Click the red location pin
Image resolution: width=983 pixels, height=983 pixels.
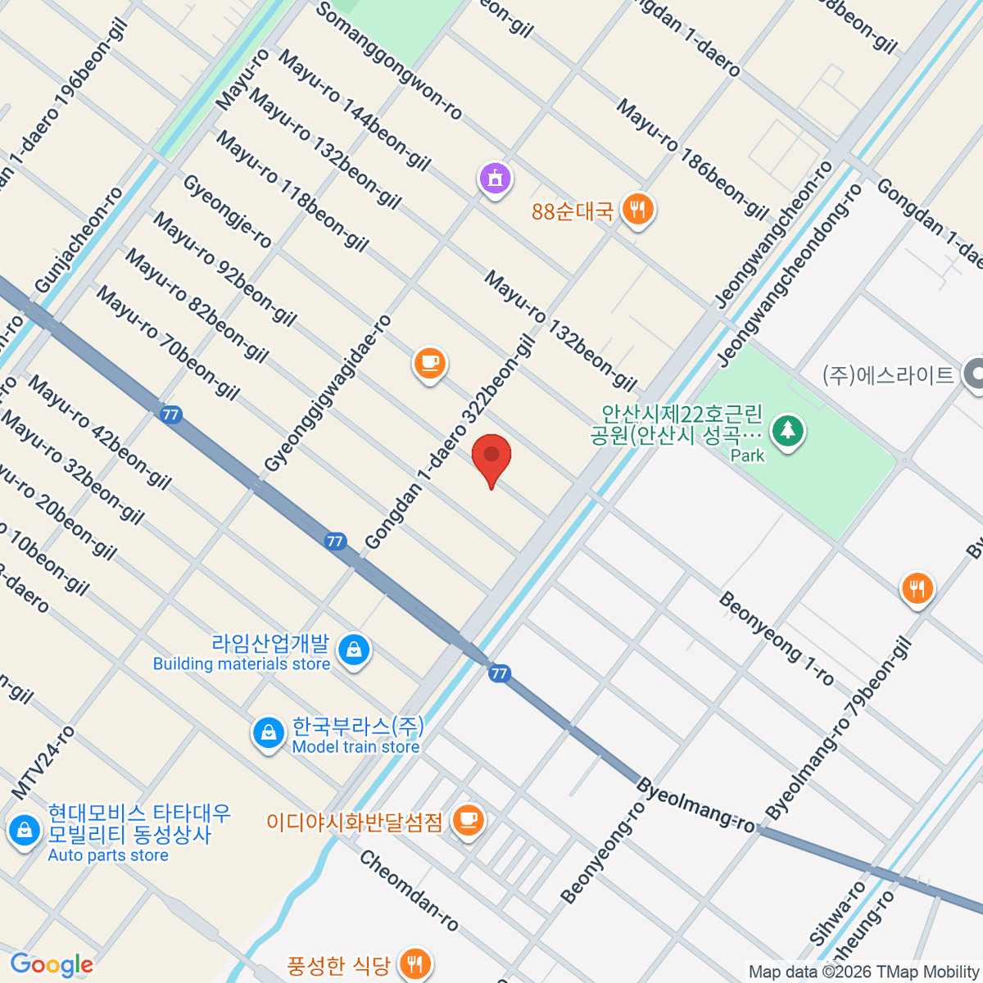(491, 457)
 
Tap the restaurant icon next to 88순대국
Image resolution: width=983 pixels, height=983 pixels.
(637, 211)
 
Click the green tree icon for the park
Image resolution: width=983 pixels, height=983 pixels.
(787, 429)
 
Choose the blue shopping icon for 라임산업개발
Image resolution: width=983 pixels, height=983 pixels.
(354, 650)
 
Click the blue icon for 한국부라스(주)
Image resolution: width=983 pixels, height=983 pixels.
(268, 733)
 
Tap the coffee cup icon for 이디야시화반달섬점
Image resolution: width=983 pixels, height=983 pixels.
(468, 819)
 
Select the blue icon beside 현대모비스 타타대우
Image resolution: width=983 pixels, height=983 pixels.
(24, 831)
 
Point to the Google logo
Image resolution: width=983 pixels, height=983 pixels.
(52, 965)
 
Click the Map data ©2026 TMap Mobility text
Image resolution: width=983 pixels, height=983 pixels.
(863, 972)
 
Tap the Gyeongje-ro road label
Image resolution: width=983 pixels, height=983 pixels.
(227, 211)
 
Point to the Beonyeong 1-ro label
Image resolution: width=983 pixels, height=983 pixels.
(776, 638)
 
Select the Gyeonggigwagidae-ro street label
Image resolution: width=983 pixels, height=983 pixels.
(328, 393)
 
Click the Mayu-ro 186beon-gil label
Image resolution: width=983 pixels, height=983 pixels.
(692, 159)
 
